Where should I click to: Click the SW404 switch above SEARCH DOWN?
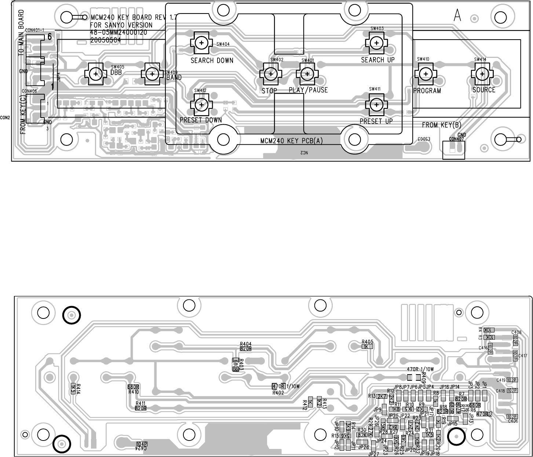pos(201,43)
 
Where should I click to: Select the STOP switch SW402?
pos(271,74)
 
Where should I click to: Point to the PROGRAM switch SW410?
pos(426,74)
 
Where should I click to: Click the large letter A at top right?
pos(457,15)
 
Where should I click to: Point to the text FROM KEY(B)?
pos(441,125)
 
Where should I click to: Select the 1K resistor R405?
pos(366,346)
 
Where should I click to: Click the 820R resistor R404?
pos(245,349)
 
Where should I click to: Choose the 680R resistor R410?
pos(134,387)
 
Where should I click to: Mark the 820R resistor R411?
pos(141,408)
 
